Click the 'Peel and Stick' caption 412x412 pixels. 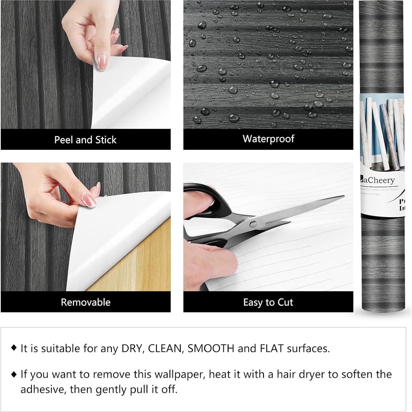(x=85, y=140)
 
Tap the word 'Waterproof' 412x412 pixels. (x=268, y=139)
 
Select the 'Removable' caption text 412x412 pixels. (x=86, y=302)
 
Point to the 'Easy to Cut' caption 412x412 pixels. (x=268, y=302)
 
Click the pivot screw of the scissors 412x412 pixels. (x=253, y=224)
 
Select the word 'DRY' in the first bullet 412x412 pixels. (x=132, y=349)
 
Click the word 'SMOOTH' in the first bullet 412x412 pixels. (x=211, y=349)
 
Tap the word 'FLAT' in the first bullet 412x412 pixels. (x=271, y=349)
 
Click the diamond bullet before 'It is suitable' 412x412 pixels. (x=14, y=348)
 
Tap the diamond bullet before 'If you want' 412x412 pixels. (x=14, y=374)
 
